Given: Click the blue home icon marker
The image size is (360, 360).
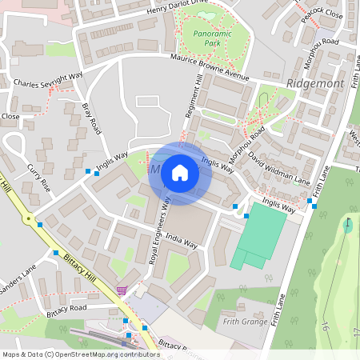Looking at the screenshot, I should tap(180, 173).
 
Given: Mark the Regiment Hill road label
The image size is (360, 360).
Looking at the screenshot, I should tap(193, 97).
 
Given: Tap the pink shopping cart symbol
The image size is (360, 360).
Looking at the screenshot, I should tap(121, 291).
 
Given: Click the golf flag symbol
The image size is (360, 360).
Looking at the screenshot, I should tap(349, 223).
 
